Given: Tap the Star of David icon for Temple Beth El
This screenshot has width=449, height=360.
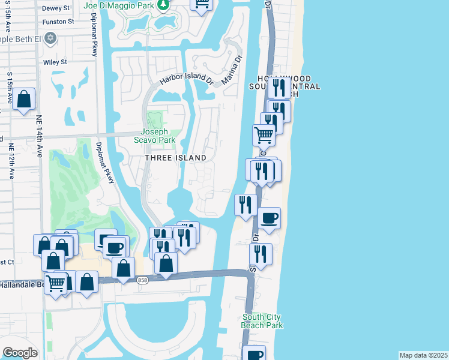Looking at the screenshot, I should coord(51,38).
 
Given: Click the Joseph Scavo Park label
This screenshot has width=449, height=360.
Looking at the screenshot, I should coord(158,136).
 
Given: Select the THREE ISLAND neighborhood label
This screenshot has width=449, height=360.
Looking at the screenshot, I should coord(175,158).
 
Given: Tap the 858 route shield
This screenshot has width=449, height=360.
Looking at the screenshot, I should coord(142,280).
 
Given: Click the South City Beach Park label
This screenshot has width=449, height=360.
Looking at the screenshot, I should coord(262,321).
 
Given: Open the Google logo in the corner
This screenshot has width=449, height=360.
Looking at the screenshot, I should coord(19,353).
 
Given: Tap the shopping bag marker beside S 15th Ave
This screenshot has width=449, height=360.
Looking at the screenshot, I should coord(25,100).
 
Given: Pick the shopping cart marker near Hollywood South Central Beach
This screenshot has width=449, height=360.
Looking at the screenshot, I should coord(264,134).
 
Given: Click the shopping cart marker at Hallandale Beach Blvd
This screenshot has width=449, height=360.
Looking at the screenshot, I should coord(56,283).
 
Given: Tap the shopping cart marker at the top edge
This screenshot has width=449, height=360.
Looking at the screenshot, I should coord(202,4).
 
